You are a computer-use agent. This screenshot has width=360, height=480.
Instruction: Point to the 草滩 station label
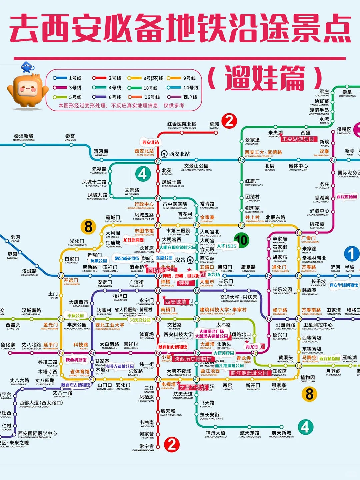click(x=214, y=125)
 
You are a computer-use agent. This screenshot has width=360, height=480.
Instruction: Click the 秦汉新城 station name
click(x=24, y=137)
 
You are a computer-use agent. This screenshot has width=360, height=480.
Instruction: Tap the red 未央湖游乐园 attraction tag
click(x=298, y=139)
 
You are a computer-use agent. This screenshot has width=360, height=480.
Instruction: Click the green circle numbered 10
click(x=241, y=240)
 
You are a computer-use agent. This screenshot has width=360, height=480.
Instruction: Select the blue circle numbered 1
click(x=351, y=254)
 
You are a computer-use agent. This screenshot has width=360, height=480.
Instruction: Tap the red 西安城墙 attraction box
click(x=176, y=302)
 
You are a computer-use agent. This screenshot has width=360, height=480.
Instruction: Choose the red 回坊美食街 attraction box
click(x=161, y=270)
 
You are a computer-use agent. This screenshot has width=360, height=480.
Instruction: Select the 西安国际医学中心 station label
click(x=37, y=434)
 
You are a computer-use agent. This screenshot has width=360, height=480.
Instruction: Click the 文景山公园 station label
click(x=196, y=166)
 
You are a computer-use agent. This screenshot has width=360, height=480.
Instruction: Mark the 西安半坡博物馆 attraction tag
click(x=344, y=285)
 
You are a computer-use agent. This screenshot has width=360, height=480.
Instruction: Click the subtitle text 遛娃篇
click(x=265, y=78)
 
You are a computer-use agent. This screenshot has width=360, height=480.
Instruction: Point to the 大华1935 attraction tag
click(x=226, y=246)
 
